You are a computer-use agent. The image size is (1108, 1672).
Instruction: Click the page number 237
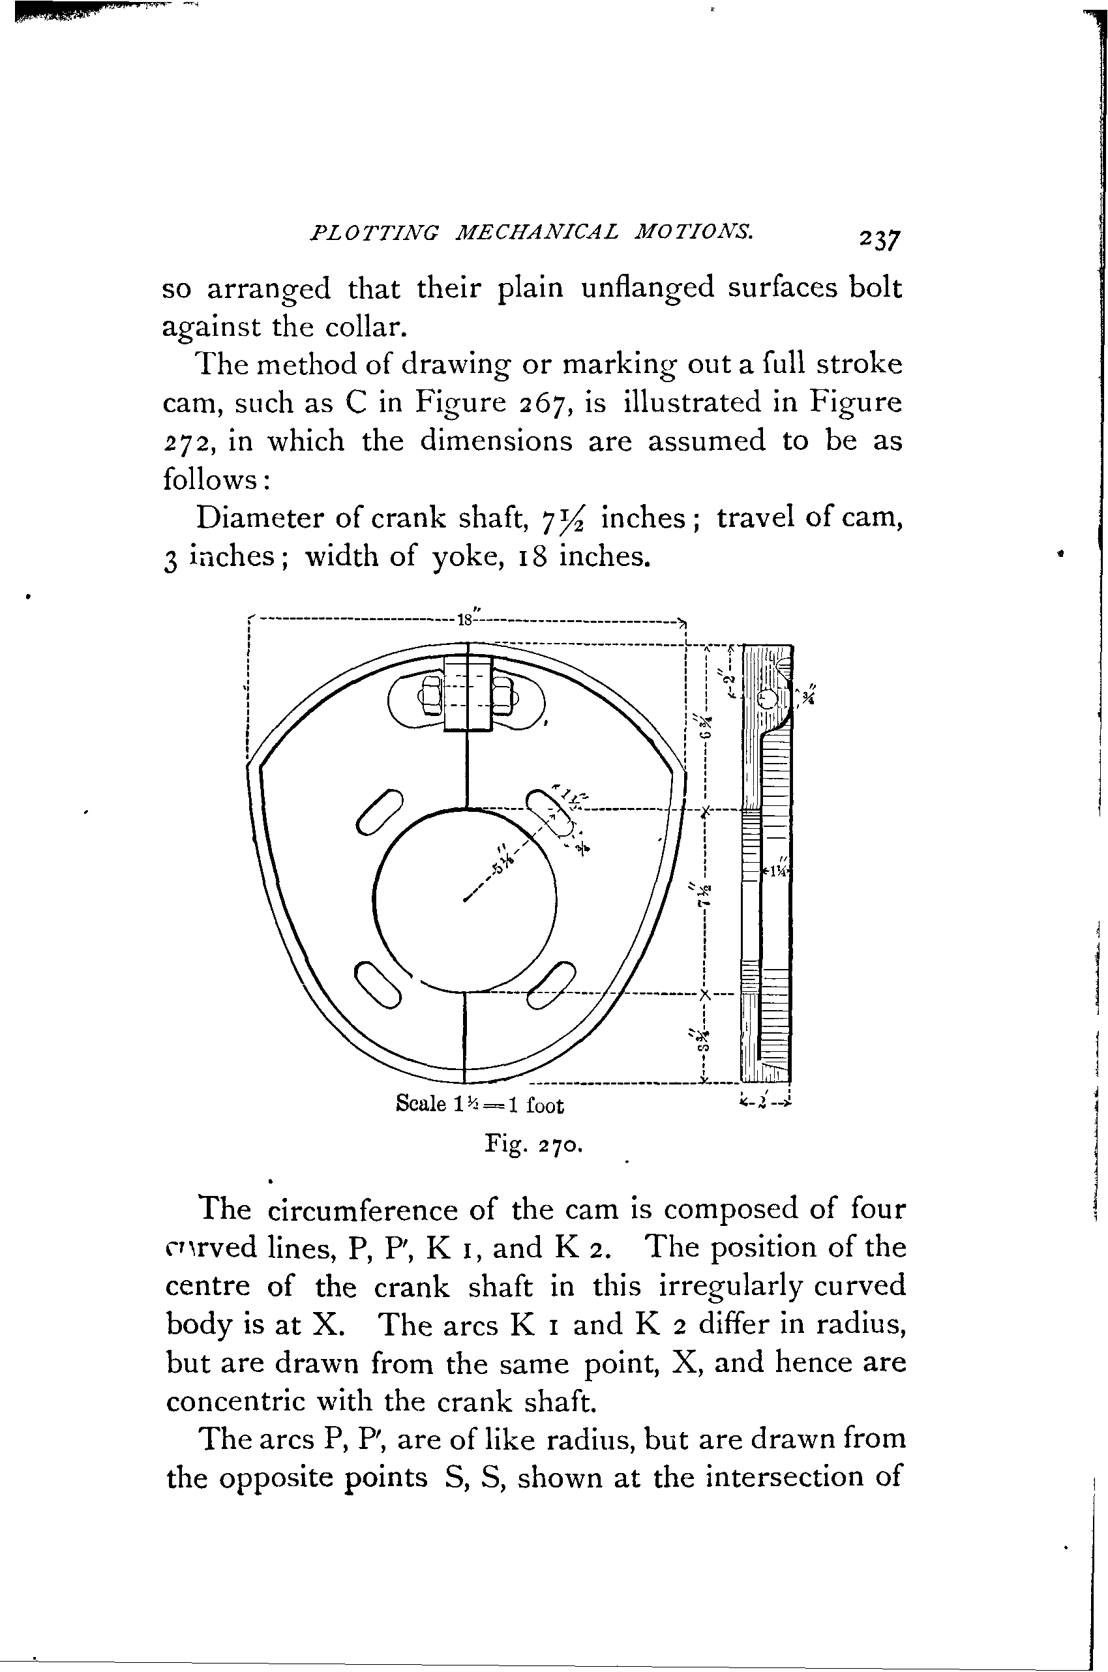pyautogui.click(x=880, y=239)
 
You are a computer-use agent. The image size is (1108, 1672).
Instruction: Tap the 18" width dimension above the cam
pyautogui.click(x=466, y=620)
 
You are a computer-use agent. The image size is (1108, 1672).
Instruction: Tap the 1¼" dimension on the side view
pyautogui.click(x=777, y=872)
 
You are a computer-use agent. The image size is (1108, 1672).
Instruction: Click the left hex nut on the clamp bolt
pyautogui.click(x=430, y=696)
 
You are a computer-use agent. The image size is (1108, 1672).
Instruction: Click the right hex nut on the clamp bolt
pyautogui.click(x=502, y=696)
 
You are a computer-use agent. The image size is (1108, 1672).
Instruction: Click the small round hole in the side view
pyautogui.click(x=768, y=699)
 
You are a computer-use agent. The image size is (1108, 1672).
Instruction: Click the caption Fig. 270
pyautogui.click(x=533, y=1144)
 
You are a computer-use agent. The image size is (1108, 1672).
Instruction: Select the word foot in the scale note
pyautogui.click(x=544, y=1105)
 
